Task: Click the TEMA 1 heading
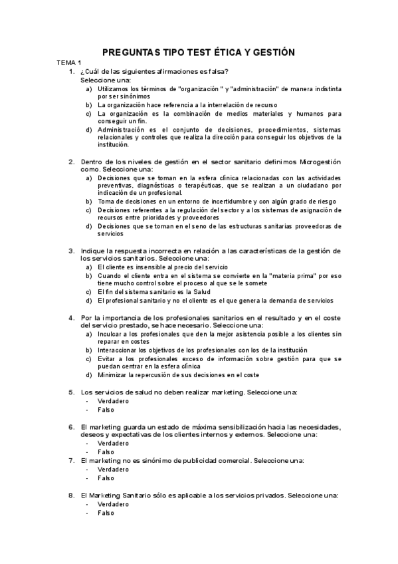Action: point(69,63)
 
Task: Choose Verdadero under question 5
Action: point(113,401)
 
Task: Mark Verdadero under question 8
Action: point(113,504)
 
